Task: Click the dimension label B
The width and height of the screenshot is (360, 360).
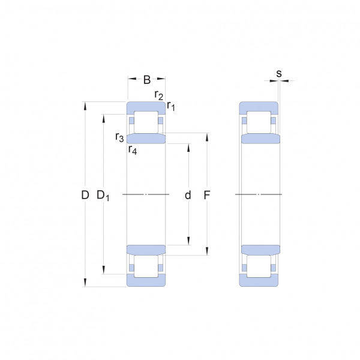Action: [147, 79]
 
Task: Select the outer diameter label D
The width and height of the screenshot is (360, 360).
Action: [85, 195]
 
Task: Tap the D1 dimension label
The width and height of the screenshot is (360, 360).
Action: [103, 196]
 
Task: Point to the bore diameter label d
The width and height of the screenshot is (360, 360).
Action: [188, 195]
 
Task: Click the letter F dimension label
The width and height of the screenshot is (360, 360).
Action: [207, 195]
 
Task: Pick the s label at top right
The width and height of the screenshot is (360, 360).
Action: [279, 74]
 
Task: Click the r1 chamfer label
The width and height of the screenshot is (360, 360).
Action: [171, 106]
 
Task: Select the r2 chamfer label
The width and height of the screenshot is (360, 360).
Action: [158, 95]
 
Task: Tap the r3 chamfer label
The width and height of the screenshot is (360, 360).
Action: [119, 137]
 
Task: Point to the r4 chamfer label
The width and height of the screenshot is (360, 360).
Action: [133, 150]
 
